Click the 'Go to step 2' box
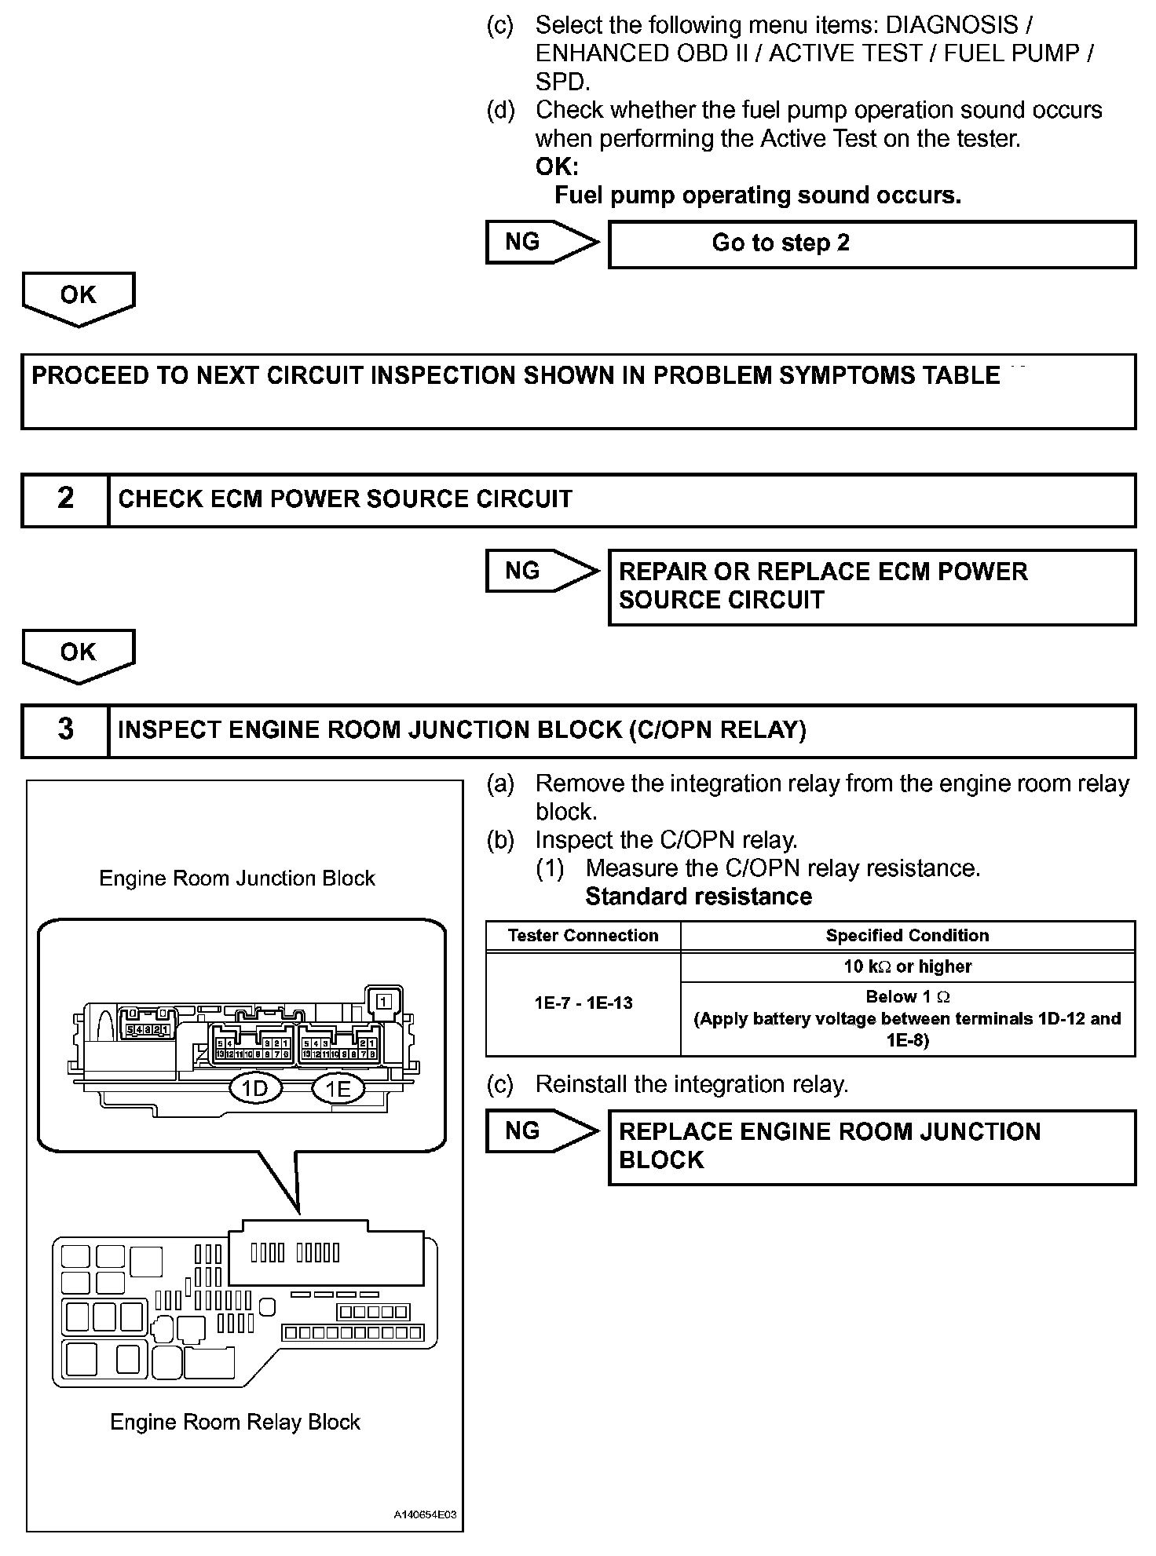pos(872,244)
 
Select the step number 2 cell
pos(65,499)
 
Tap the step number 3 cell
pos(65,730)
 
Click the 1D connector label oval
pos(255,1088)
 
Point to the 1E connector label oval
pos(338,1088)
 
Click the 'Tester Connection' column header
pos(583,936)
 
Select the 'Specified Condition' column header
pos(907,936)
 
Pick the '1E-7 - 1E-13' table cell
pos(583,1003)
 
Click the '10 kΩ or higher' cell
pos(907,966)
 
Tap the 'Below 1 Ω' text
pos(907,997)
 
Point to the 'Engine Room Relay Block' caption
pos(235,1422)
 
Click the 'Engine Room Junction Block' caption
pos(236,878)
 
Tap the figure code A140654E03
pos(425,1515)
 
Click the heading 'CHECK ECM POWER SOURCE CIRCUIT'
pos(345,499)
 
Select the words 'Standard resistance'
pos(698,897)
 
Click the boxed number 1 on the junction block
pos(384,1001)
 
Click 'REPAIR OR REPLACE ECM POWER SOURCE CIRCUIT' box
pos(872,587)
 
